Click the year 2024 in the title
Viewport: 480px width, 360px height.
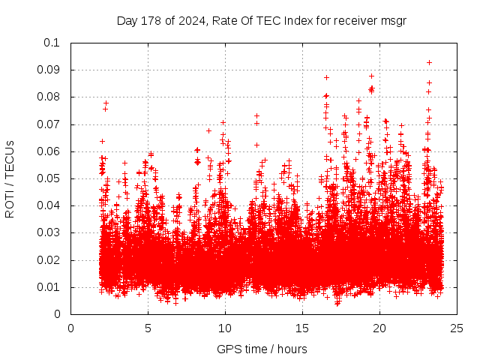[188, 21]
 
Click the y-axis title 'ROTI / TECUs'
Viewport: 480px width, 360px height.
[10, 178]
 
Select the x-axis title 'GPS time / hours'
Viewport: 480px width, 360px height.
[262, 349]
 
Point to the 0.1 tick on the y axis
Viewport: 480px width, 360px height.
[55, 43]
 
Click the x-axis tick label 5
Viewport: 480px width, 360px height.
[148, 328]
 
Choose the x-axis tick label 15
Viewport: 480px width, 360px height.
[303, 328]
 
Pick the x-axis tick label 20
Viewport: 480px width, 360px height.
[380, 328]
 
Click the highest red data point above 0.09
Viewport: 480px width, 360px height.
[429, 62]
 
